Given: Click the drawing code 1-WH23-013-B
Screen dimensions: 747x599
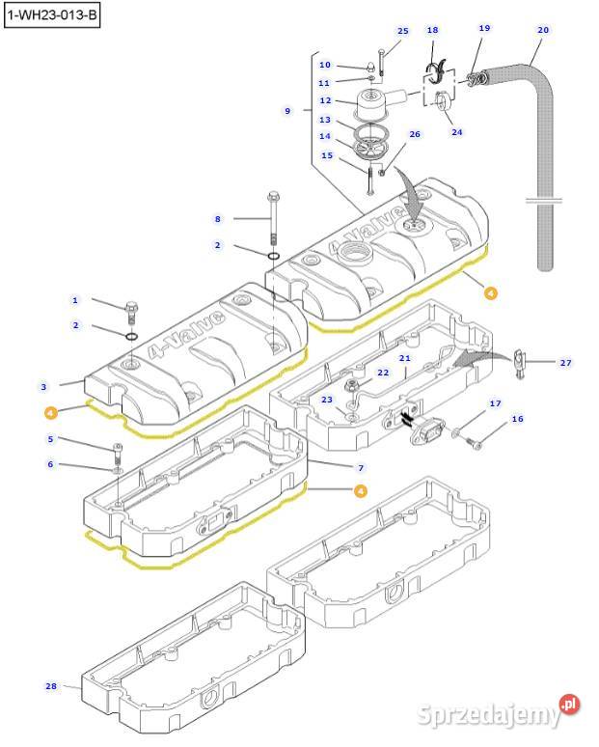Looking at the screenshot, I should (53, 15).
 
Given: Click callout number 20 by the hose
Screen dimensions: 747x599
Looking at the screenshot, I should (543, 30).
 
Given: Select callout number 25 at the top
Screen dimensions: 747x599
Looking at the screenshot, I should (402, 31).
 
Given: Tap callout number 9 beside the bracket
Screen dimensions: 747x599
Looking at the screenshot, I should (286, 111).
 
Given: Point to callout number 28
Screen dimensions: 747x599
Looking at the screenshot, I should (51, 686).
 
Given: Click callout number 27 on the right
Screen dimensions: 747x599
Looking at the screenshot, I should (565, 362).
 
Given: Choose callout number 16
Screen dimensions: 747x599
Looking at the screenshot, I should (517, 419).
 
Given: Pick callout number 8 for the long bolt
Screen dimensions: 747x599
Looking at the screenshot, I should (218, 219).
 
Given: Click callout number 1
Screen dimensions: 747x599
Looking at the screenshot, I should (75, 301).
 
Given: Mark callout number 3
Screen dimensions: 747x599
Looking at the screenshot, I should (43, 387).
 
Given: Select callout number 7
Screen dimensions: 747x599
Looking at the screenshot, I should (360, 467).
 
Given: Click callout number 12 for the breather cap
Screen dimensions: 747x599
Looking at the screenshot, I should (325, 100).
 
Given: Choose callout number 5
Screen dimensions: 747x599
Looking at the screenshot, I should (51, 439).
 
